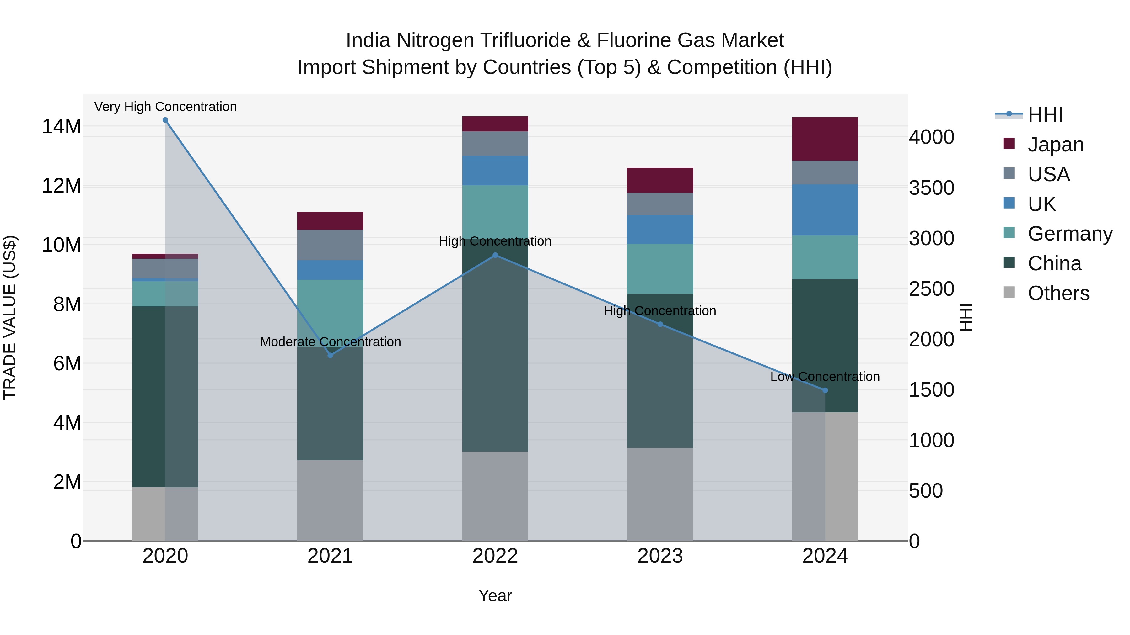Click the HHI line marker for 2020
[165, 120]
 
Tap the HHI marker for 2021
[330, 355]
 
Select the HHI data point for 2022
[495, 255]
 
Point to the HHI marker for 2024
[825, 390]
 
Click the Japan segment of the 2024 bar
[825, 139]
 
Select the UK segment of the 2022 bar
[495, 171]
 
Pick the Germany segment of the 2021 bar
[330, 307]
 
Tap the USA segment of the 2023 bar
[660, 204]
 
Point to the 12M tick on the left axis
[62, 186]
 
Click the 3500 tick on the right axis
[931, 188]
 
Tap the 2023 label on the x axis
[660, 556]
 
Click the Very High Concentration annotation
[165, 107]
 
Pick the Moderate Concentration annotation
[330, 342]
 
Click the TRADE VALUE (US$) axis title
[10, 317]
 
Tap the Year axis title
[495, 595]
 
